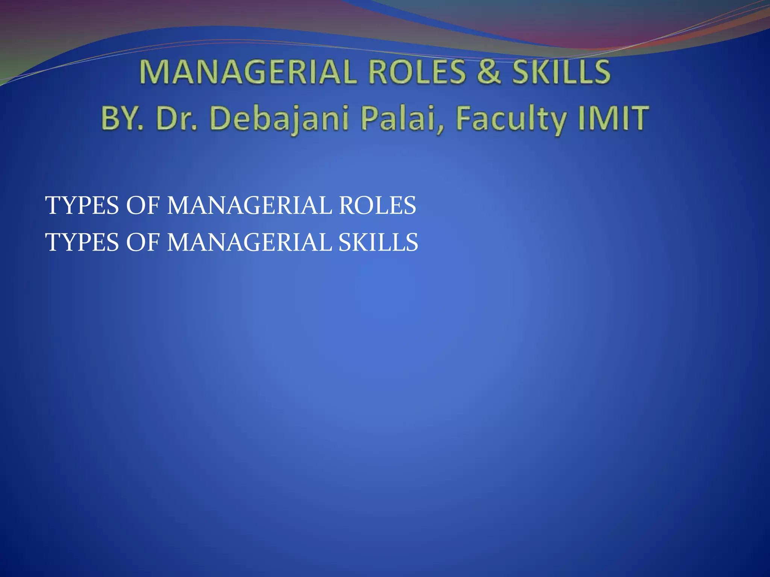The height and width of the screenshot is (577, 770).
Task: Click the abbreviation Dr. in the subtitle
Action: click(176, 118)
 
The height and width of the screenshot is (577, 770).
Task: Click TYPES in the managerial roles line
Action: click(82, 205)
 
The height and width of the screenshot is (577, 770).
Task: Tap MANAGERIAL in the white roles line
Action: click(249, 205)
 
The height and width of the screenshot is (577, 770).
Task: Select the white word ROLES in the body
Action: click(377, 205)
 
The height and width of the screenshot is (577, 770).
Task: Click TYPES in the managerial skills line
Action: click(82, 242)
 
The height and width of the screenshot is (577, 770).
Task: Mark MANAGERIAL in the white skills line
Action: click(249, 242)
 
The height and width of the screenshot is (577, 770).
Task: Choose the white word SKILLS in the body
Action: click(378, 242)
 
